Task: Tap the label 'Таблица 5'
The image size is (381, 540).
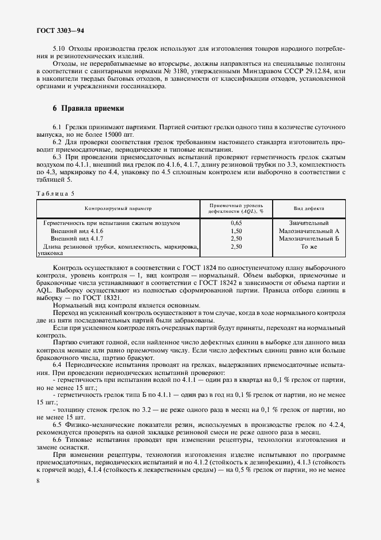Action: (x=55, y=193)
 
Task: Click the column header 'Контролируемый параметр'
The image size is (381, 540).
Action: (x=119, y=208)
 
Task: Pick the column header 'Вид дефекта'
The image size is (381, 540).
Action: (x=309, y=208)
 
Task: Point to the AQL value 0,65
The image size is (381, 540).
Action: (x=236, y=223)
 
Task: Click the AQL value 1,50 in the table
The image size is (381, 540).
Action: (x=236, y=230)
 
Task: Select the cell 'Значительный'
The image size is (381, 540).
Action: (x=309, y=223)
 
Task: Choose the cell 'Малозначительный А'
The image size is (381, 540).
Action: (x=309, y=230)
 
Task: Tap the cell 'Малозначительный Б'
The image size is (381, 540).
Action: (x=309, y=238)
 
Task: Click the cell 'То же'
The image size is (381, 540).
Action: (x=309, y=246)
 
